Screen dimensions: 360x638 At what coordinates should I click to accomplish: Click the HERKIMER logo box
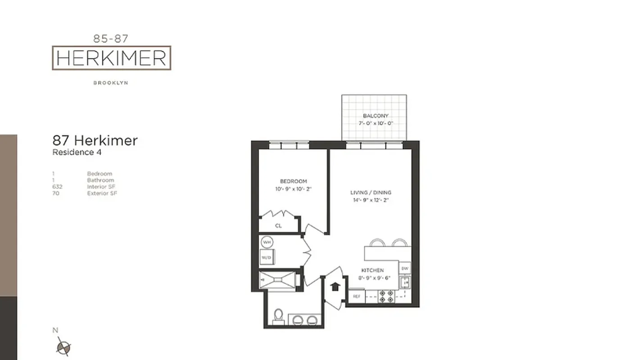click(111, 58)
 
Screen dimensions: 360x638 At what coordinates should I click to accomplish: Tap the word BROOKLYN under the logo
click(111, 83)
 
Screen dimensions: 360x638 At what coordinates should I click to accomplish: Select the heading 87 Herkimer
click(95, 140)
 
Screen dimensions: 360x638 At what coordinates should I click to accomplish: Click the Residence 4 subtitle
click(77, 152)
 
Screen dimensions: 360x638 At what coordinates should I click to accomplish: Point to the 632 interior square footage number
click(57, 187)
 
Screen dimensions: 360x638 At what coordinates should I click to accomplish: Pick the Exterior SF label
click(102, 193)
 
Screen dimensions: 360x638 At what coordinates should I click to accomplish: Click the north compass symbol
click(63, 347)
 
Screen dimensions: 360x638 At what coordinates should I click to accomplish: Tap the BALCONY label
click(376, 116)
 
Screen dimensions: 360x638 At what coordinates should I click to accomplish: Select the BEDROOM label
click(293, 181)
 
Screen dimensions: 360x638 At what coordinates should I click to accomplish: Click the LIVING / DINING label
click(371, 193)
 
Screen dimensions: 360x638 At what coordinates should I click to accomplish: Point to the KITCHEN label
click(373, 270)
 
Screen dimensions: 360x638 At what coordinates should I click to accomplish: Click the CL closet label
click(278, 225)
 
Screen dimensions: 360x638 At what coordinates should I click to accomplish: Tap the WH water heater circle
click(267, 243)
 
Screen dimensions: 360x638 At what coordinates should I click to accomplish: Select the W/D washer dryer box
click(267, 257)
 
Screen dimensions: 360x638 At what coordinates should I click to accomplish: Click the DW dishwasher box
click(405, 269)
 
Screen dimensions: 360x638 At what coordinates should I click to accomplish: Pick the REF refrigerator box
click(356, 296)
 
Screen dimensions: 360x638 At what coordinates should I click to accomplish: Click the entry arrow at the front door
click(335, 287)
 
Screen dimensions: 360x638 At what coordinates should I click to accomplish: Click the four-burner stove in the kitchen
click(386, 296)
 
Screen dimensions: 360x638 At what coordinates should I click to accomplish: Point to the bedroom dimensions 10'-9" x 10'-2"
click(293, 189)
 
